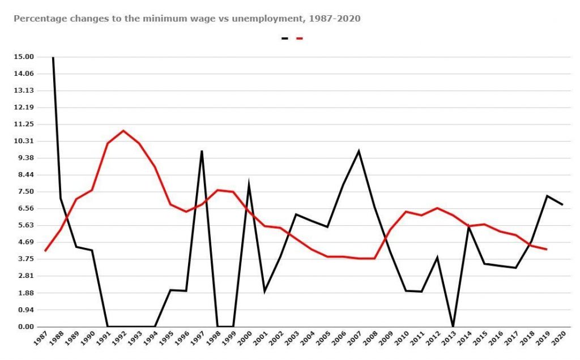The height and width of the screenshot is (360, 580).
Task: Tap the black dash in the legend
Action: pos(284,38)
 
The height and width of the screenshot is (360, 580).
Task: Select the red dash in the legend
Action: pos(300,38)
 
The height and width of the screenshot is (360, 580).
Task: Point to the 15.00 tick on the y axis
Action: pos(24,57)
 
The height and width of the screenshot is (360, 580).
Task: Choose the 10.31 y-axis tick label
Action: pos(24,141)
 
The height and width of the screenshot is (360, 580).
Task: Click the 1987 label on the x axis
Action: pos(40,338)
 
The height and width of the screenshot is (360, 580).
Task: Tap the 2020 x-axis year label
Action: pos(558,338)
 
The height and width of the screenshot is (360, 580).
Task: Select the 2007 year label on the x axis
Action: pos(355,338)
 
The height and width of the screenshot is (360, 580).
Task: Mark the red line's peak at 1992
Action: pos(123,131)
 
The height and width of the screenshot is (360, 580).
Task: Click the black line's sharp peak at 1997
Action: pos(202,151)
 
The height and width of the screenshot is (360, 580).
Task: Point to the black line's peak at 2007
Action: pos(359,151)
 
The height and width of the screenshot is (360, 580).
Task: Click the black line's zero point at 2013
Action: pos(453,326)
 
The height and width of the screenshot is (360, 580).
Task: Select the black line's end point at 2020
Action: pos(562,204)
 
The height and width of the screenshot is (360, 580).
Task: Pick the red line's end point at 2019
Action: pos(547,249)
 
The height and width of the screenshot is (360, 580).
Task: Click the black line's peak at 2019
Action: pos(547,196)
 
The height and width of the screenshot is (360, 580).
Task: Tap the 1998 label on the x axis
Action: pos(213,338)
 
